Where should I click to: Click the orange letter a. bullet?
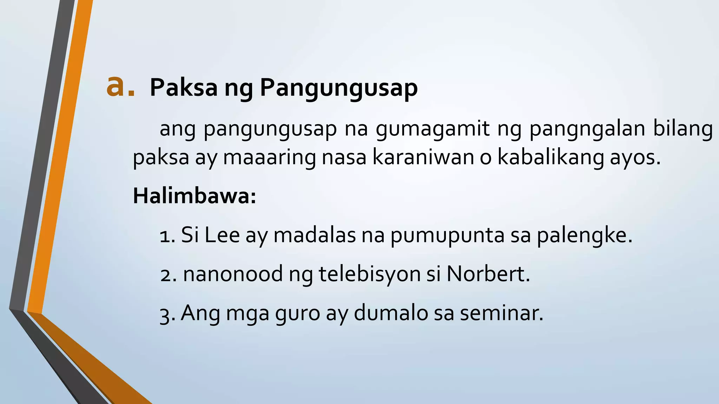pos(120,87)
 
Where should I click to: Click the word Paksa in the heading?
pos(184,88)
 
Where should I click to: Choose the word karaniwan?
pos(423,157)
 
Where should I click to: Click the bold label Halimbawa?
pos(194,196)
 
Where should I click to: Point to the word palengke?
pos(584,236)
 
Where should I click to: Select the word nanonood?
pos(233,274)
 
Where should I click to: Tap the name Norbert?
pos(488,274)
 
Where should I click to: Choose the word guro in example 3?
pos(297,314)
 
